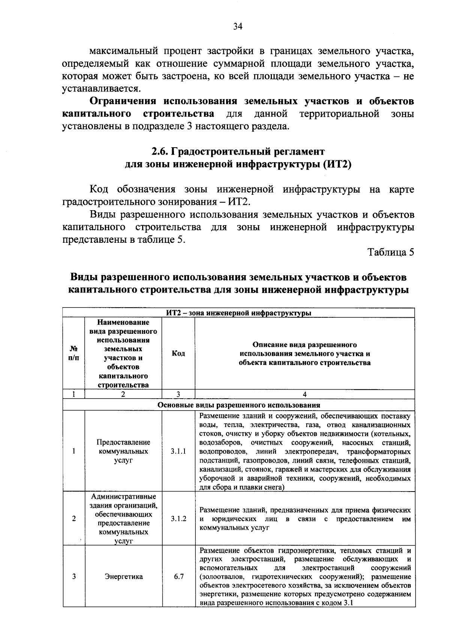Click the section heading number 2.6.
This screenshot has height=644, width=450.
pos(160,152)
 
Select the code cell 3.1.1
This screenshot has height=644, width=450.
pos(178,451)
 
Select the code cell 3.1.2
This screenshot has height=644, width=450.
pos(178,519)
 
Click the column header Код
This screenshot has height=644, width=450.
pos(178,354)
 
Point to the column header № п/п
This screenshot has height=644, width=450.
pos(74,354)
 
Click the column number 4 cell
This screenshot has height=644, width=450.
pos(304,394)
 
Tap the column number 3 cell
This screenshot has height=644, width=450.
pos(178,394)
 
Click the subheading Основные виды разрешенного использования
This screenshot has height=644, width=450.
pos(238,405)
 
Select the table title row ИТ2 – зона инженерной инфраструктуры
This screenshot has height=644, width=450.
pos(238,313)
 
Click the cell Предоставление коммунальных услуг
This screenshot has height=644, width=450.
pos(123,451)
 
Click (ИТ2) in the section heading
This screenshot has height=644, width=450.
pos(337,164)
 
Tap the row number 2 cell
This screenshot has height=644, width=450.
pos(74,519)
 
